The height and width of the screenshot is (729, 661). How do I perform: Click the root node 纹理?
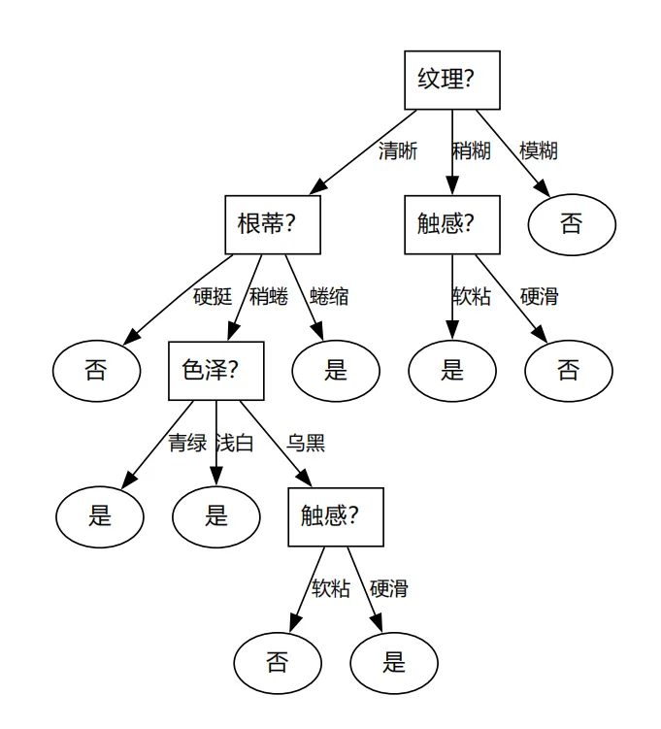[x=451, y=80]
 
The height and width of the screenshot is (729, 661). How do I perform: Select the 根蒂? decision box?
[x=265, y=225]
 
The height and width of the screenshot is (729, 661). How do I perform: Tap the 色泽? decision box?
[x=215, y=370]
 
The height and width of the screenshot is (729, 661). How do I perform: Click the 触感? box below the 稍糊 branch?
[x=451, y=225]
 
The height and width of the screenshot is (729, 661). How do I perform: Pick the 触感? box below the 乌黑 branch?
[x=335, y=516]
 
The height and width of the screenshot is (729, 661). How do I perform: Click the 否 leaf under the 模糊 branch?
[x=571, y=224]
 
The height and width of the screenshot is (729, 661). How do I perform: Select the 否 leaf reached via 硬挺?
[x=95, y=370]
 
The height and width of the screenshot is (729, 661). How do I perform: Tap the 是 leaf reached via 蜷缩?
[x=335, y=370]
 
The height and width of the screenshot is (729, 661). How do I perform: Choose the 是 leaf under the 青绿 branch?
[x=100, y=515]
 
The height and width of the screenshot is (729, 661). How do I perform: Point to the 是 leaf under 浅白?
[x=215, y=515]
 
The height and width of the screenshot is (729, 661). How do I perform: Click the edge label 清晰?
[x=398, y=151]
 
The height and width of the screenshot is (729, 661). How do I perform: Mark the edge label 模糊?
[x=539, y=151]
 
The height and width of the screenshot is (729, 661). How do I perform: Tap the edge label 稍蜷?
[x=269, y=297]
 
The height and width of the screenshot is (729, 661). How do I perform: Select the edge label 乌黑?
[x=306, y=444]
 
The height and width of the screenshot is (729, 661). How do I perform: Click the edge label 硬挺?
[x=213, y=297]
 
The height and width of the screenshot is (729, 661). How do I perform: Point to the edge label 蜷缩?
[x=330, y=297]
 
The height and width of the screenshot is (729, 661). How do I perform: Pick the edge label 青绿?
[x=187, y=444]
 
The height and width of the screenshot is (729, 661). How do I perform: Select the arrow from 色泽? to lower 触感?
[x=276, y=443]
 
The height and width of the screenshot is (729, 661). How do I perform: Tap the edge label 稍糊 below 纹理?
[x=472, y=151]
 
